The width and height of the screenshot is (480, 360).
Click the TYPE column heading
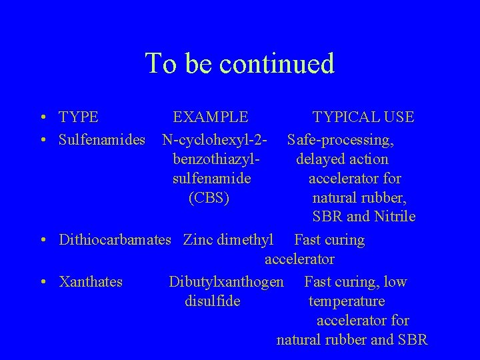click(x=79, y=117)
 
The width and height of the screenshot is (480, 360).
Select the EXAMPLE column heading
click(x=211, y=117)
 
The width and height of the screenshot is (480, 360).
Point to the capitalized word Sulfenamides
click(x=102, y=140)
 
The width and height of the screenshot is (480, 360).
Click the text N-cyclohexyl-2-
click(x=215, y=140)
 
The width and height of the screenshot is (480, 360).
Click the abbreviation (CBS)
click(x=209, y=198)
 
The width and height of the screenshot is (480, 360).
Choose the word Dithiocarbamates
click(x=115, y=239)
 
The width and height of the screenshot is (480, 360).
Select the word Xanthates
click(x=91, y=281)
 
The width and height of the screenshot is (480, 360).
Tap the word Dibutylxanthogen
click(x=226, y=281)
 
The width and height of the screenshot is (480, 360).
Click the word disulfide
click(x=212, y=301)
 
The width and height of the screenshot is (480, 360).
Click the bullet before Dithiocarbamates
click(x=42, y=240)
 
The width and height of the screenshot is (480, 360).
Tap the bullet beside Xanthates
click(x=42, y=282)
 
